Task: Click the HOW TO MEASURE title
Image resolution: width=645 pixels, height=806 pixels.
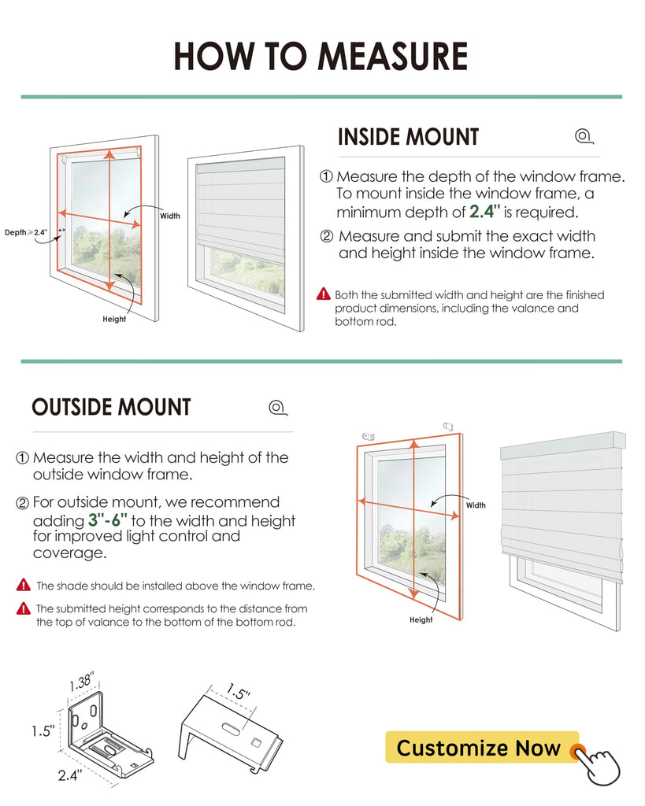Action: [x=321, y=56]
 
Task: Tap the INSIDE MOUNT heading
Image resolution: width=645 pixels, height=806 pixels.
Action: [x=409, y=137]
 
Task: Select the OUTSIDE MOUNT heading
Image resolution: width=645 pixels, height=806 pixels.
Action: [x=111, y=407]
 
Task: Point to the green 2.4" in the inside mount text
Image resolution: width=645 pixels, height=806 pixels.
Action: [x=484, y=211]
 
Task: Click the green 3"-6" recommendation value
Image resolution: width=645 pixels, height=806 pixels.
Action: [x=107, y=519]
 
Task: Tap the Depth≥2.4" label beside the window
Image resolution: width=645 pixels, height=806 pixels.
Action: [x=26, y=232]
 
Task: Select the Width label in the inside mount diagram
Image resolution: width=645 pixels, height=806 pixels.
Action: [x=170, y=216]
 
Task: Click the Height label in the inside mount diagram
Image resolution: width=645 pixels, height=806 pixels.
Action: [x=114, y=320]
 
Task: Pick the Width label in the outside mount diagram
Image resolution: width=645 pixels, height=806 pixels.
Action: [x=476, y=505]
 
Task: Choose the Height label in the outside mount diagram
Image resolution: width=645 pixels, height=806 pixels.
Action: [x=421, y=620]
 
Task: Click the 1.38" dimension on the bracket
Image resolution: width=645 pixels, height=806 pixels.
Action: [x=82, y=682]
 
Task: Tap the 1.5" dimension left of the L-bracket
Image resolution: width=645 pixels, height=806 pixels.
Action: [x=43, y=730]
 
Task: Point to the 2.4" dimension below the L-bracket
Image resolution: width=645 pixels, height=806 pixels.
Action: [x=70, y=775]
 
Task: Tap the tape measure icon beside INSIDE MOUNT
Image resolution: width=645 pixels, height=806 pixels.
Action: [x=584, y=136]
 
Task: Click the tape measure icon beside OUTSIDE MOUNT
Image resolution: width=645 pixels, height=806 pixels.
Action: [x=278, y=408]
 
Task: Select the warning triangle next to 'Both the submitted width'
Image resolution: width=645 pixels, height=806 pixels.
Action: [x=324, y=294]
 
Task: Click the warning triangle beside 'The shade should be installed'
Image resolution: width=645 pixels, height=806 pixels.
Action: [x=24, y=585]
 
